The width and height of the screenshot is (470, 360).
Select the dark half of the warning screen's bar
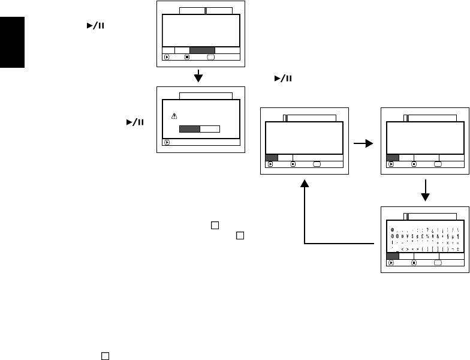click(x=189, y=128)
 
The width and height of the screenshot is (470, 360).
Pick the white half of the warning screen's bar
click(x=210, y=128)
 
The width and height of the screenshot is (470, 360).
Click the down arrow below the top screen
click(x=200, y=77)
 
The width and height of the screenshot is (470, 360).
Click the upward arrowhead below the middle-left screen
click(x=305, y=188)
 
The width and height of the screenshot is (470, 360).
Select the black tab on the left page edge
click(x=12, y=44)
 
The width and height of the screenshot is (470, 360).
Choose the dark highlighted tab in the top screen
click(x=202, y=50)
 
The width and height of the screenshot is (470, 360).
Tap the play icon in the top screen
click(x=166, y=58)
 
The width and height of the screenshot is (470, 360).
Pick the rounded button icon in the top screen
click(x=211, y=58)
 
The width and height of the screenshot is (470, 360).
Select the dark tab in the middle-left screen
click(x=272, y=157)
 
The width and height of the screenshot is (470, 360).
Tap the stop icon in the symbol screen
click(x=414, y=262)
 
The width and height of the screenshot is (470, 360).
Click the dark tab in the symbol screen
click(x=393, y=255)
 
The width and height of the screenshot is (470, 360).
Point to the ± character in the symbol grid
click(x=457, y=248)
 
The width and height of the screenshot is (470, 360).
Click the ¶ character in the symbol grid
click(x=457, y=236)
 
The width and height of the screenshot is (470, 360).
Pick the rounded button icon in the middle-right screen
click(x=438, y=164)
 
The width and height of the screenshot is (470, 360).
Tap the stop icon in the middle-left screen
click(x=293, y=164)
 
